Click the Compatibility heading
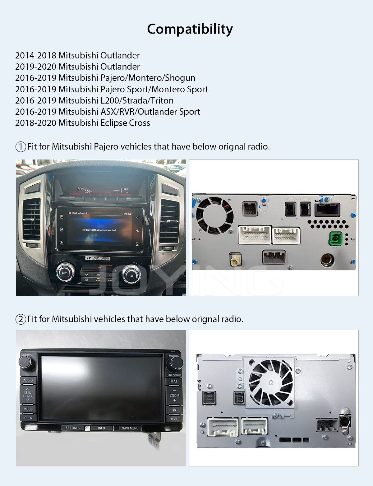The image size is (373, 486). tap(190, 29)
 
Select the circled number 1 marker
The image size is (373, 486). tap(21, 146)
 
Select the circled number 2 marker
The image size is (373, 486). tap(21, 319)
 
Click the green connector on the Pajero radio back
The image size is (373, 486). tap(336, 239)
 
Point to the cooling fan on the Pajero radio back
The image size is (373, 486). tap(214, 215)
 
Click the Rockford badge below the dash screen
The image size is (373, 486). tap(98, 258)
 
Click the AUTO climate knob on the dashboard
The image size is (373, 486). tap(65, 272)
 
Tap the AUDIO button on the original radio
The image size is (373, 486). tap(28, 380)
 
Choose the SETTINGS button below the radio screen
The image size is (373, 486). tap(73, 428)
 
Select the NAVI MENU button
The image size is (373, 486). tap(130, 428)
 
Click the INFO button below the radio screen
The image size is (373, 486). tap(101, 428)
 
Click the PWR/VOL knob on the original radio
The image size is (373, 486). tap(25, 362)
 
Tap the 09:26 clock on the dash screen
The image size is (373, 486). tap(127, 214)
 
